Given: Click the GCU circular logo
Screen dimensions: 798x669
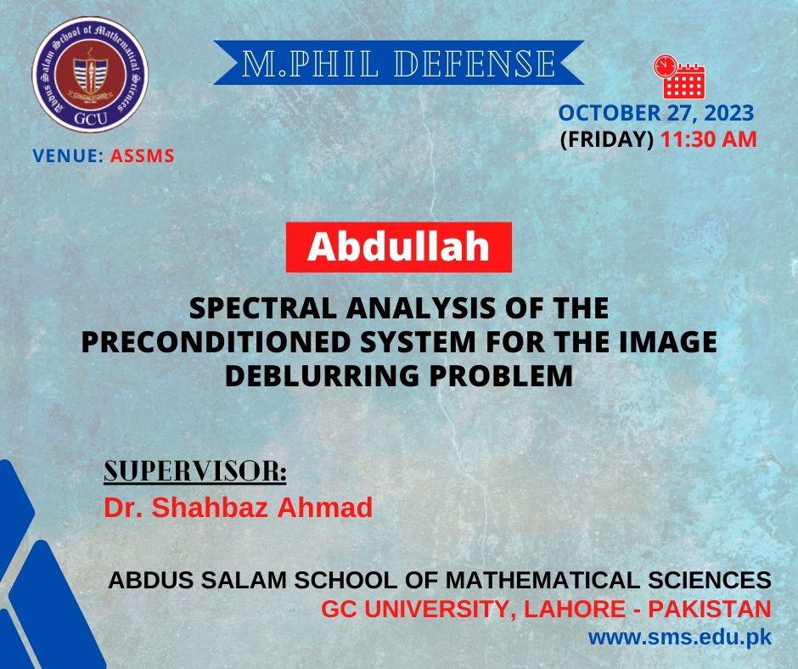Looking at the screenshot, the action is pos(90,75).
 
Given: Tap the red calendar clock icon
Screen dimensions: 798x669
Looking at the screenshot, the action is pos(679,76).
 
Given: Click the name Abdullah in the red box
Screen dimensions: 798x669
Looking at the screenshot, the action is pos(398,247).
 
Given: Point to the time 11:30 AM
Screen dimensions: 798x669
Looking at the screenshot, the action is pos(708,139).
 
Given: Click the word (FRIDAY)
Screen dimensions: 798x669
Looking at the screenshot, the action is pos(607,139).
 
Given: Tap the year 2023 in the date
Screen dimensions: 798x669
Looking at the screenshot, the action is pos(728,113).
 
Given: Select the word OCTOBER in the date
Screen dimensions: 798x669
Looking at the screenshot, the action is pos(610,113).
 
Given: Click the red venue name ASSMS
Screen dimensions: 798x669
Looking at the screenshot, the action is pos(142,156).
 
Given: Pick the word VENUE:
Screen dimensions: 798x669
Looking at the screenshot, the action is pos(68,156).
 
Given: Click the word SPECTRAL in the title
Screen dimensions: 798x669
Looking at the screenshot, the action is pos(262,308).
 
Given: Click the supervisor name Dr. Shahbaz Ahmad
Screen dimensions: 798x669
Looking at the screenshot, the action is pos(239,508).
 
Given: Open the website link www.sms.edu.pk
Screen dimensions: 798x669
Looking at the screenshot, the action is pos(680,638).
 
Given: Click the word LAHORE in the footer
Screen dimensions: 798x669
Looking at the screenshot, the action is pos(574,609).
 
